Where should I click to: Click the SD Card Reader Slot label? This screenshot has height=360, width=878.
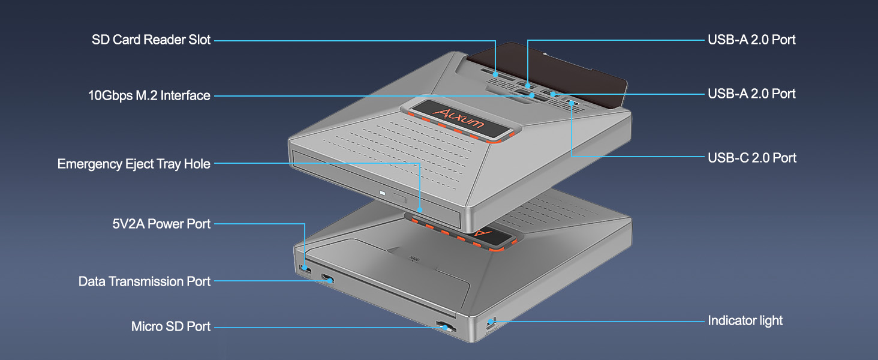pos(151,40)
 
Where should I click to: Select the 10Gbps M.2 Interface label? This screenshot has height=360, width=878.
pos(149,95)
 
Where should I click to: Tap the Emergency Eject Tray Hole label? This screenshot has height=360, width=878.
pos(134,164)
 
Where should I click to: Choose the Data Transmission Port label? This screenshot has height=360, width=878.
pos(145,281)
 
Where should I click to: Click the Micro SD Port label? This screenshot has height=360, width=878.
pos(171,326)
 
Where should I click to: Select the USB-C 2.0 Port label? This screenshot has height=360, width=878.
pos(752,158)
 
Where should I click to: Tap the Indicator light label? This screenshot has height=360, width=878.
pos(745,320)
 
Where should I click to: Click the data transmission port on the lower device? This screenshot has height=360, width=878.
pos(327,278)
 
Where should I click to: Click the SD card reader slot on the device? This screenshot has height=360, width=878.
pos(496,74)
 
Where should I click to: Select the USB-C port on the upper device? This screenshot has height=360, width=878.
pos(572,103)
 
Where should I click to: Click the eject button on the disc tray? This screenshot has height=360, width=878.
pos(396,197)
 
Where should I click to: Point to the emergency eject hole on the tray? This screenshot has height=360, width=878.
pos(420,211)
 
